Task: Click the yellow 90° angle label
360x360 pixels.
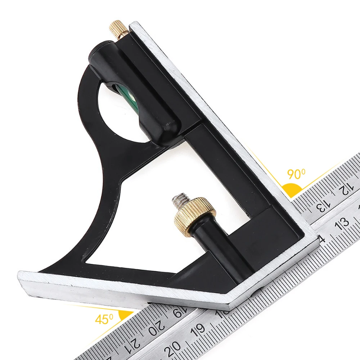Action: [296, 174]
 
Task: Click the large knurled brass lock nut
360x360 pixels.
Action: [195, 217]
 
